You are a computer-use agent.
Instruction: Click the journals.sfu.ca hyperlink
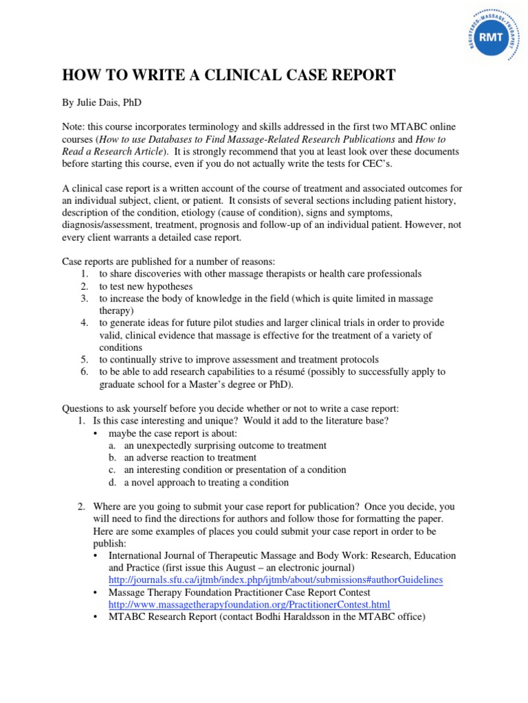coord(276,579)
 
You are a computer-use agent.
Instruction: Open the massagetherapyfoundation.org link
coord(249,604)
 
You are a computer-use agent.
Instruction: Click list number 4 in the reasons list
coord(84,323)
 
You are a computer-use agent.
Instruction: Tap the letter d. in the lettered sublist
coord(111,482)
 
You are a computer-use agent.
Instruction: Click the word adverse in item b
coord(155,457)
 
